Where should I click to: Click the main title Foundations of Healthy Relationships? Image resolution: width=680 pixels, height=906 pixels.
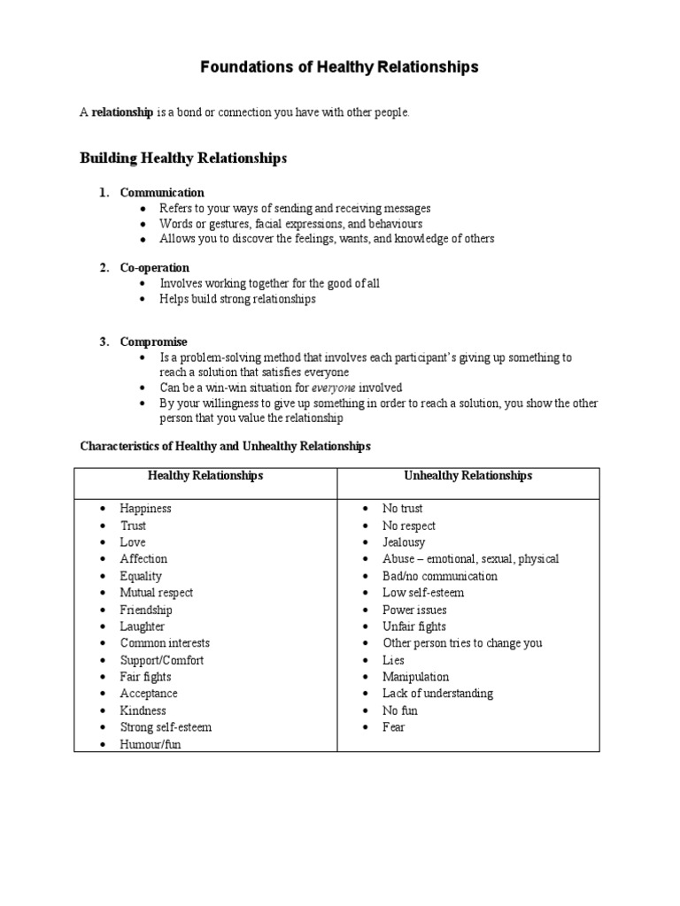(x=339, y=66)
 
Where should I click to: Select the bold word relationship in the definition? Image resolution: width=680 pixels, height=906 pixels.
(x=123, y=112)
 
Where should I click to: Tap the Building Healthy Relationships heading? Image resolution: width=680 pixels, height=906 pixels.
(x=183, y=158)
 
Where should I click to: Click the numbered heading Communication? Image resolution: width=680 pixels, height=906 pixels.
(x=162, y=192)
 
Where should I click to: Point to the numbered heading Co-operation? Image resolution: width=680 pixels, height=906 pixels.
(x=155, y=267)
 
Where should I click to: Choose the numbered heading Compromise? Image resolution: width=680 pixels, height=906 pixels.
(x=154, y=342)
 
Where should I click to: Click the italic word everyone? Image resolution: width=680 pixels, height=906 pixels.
(x=336, y=388)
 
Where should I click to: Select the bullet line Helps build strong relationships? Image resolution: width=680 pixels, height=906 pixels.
(x=237, y=299)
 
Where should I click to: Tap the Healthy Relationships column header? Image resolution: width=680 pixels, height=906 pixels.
(x=205, y=475)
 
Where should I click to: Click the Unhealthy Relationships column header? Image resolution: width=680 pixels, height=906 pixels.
(x=468, y=475)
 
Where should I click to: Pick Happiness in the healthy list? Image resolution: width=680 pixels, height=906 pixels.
(x=146, y=509)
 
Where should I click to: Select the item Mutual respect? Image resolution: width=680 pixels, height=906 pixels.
(x=157, y=593)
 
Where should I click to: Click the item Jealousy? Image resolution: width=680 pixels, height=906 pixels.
(x=404, y=542)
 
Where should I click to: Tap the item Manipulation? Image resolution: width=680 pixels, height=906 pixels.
(x=416, y=677)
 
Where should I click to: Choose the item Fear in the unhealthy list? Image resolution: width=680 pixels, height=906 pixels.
(x=394, y=727)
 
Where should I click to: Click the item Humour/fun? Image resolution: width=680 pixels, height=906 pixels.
(x=151, y=744)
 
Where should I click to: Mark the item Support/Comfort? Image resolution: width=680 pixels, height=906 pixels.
(x=162, y=660)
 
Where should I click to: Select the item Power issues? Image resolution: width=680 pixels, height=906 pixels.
(x=414, y=610)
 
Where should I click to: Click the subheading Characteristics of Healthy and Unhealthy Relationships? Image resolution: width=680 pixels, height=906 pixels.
(x=225, y=446)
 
